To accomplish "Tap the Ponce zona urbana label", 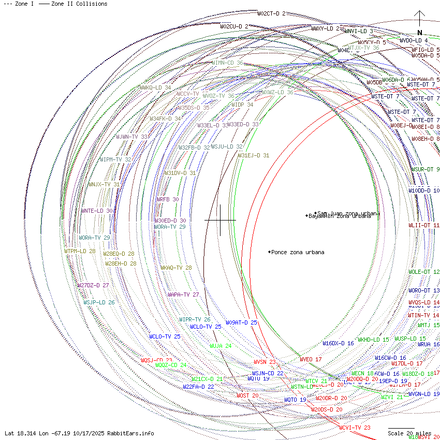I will (298, 253).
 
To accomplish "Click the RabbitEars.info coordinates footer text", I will (79, 433).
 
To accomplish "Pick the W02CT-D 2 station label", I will (271, 13).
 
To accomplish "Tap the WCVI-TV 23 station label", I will (355, 428).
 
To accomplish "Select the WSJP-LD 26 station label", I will (99, 302).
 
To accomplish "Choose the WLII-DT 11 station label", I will (423, 226).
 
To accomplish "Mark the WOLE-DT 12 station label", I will (423, 272).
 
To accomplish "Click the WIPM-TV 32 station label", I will (115, 159).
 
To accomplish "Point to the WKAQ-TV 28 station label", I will (176, 268).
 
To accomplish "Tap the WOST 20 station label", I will (247, 395).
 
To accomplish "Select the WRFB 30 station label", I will (167, 199).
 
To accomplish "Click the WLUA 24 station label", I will (220, 346).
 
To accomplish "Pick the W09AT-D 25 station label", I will (241, 322).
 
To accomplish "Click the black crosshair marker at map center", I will (220, 220).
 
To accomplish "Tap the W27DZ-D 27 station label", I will (93, 285).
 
